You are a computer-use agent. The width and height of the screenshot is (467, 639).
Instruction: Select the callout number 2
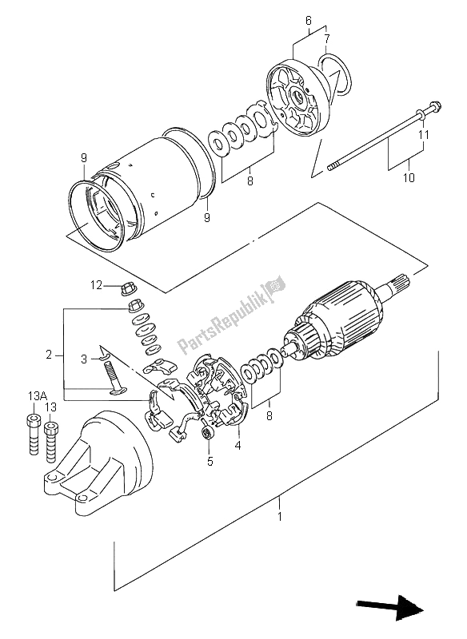click(x=49, y=355)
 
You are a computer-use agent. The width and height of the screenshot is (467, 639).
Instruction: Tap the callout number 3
click(x=84, y=359)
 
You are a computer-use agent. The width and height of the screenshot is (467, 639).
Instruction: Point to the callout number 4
click(x=237, y=445)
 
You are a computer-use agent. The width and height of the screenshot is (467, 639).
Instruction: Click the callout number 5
click(x=210, y=462)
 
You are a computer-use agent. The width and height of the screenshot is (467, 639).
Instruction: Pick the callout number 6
click(x=309, y=20)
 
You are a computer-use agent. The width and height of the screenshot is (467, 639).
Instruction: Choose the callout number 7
click(x=327, y=38)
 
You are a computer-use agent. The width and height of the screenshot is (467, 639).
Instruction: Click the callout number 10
click(x=409, y=177)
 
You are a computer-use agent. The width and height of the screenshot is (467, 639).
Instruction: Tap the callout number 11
click(x=424, y=134)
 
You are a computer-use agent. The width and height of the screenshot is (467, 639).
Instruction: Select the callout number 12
click(x=96, y=285)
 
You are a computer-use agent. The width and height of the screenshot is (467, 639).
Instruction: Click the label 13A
click(x=38, y=395)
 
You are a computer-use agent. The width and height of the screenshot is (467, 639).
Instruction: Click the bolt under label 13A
click(x=33, y=434)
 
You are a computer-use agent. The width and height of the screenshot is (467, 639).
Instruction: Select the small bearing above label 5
click(x=208, y=432)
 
